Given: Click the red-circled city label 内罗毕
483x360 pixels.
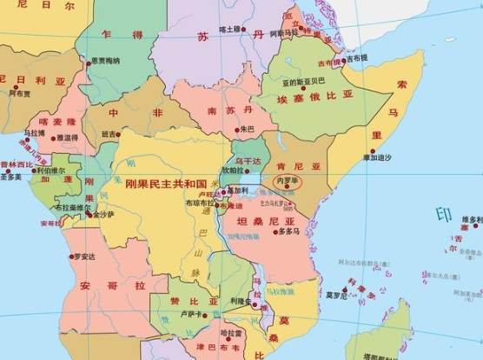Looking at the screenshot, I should click(287, 182).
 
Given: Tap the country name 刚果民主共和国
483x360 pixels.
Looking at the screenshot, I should click(165, 185).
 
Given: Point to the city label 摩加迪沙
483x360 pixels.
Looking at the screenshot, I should click(377, 157).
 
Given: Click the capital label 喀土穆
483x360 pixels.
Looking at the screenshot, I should click(230, 30).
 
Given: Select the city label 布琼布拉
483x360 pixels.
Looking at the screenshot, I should click(201, 203).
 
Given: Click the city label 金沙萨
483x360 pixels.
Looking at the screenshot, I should click(102, 214).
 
